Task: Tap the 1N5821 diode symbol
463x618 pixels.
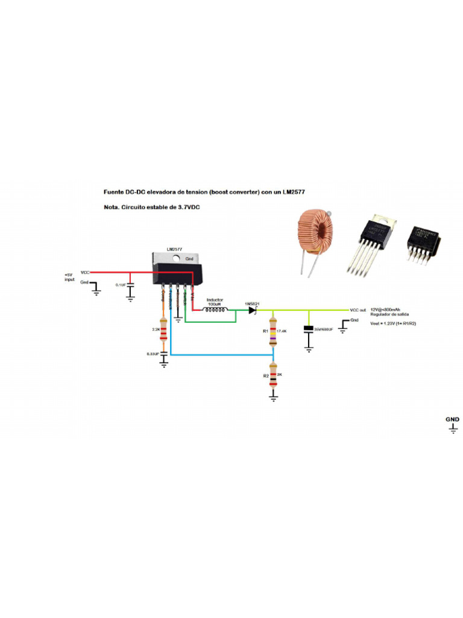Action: tap(252, 310)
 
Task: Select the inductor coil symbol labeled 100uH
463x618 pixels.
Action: tap(215, 310)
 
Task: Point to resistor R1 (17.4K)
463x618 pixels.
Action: tap(273, 333)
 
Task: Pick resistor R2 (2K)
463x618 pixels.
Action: tap(273, 375)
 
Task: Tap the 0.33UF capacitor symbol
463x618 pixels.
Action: tap(163, 355)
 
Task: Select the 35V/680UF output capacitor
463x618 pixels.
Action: tap(309, 330)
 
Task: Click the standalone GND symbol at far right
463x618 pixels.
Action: tap(453, 426)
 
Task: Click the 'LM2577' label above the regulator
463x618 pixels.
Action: tap(174, 249)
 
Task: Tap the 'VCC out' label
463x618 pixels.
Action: tap(358, 310)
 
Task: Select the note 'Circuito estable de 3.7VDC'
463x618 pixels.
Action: tap(152, 208)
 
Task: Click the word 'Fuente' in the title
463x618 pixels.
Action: tap(115, 191)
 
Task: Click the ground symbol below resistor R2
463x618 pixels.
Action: tap(273, 398)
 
